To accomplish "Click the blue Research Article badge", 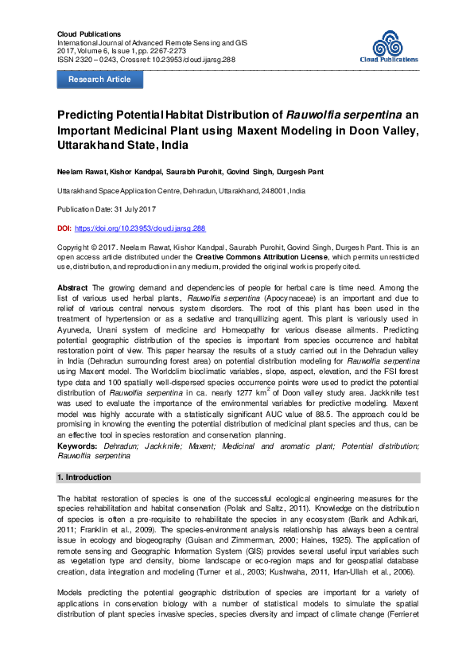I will [x=99, y=80].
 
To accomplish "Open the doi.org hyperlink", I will [x=140, y=228].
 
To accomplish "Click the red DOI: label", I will [x=64, y=228].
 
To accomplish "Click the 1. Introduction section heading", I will [x=85, y=477].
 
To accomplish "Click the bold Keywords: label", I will [x=78, y=447].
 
